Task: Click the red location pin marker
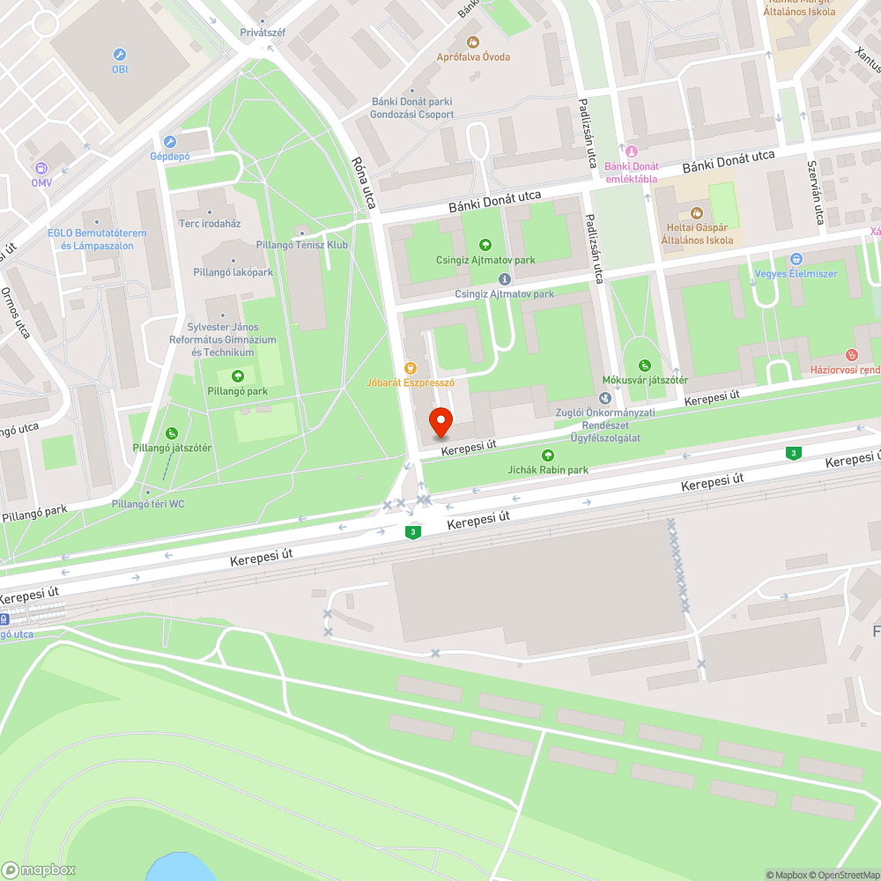(440, 422)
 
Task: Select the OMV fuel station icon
(41, 167)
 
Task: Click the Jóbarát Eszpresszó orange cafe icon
(410, 368)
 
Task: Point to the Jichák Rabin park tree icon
(548, 455)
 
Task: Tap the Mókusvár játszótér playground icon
(644, 366)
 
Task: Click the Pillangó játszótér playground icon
(172, 433)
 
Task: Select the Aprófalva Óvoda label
(474, 57)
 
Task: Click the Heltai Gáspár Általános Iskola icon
(696, 213)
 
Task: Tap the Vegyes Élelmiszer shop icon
(796, 259)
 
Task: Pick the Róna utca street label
(363, 183)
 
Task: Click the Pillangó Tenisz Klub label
(301, 245)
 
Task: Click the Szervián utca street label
(815, 191)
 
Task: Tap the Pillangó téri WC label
(148, 504)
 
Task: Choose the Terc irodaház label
(210, 223)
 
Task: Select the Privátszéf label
(263, 33)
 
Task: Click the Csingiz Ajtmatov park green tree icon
(485, 245)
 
